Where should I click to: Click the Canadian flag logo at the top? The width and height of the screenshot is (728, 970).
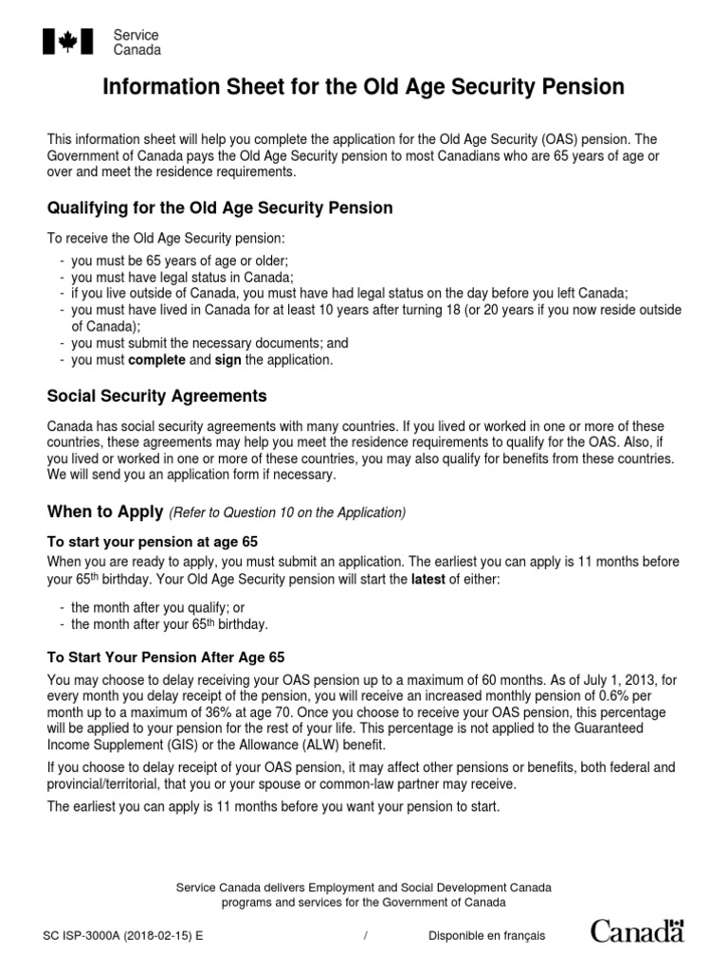coord(68,42)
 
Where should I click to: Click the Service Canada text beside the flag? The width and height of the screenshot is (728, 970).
coord(136,43)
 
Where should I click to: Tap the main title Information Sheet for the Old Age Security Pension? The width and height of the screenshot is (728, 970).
coord(363,88)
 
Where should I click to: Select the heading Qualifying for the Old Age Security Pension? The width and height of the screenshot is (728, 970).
coord(220,207)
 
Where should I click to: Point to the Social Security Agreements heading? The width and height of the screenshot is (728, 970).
coord(156,396)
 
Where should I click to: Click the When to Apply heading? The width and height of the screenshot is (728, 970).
coord(105,512)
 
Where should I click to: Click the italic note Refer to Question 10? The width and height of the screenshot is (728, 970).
coord(287,513)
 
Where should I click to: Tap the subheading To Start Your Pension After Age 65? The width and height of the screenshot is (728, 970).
coord(166,656)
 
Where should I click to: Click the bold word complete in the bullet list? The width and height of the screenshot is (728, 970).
coord(157,361)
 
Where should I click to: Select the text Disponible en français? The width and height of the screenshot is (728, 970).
coord(486,936)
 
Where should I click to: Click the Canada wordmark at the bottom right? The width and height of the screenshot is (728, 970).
coord(636,931)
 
